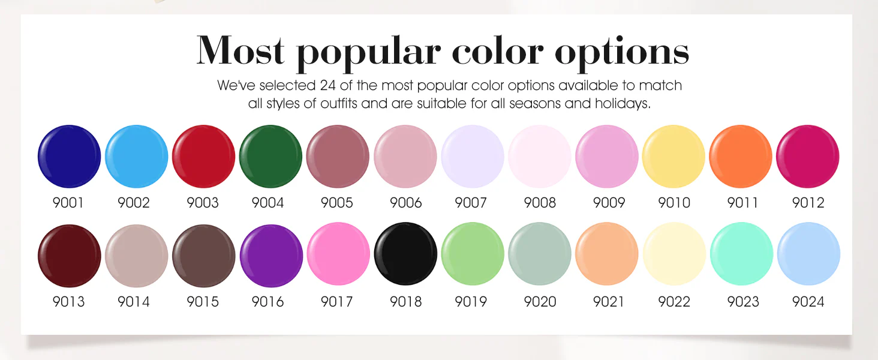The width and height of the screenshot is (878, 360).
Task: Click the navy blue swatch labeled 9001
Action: [70, 157]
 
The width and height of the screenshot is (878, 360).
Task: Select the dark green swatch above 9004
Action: [270, 157]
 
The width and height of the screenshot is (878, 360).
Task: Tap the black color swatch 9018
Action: [405, 254]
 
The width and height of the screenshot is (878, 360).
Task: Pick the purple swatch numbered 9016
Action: [271, 256]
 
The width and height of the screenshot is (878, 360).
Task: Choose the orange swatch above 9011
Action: [741, 157]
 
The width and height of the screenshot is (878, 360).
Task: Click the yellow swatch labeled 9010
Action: [673, 157]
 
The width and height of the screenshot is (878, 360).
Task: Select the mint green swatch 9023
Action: [742, 254]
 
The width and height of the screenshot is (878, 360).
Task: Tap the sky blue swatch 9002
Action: [136, 157]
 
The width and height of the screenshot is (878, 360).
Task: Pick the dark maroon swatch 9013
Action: [70, 256]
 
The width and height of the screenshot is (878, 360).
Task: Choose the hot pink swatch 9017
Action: [338, 256]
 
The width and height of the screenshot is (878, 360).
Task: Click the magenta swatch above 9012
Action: [807, 157]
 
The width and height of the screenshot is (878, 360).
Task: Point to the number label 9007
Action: [471, 203]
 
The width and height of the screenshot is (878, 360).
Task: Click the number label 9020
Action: [540, 302]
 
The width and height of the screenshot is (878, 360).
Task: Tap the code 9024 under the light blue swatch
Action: [808, 302]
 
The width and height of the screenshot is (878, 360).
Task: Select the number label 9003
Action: [203, 203]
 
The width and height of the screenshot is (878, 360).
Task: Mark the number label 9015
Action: [203, 302]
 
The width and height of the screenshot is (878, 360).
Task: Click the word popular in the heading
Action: [369, 53]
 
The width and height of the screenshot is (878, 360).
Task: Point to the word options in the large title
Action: [622, 53]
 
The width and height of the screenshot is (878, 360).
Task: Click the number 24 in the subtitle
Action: [327, 85]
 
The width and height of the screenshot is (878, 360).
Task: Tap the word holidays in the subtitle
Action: [623, 104]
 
